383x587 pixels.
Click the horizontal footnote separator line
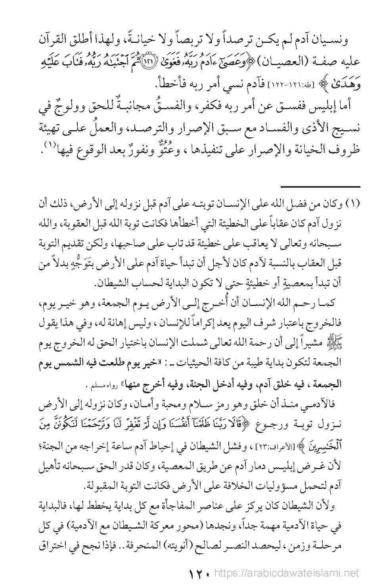[x=320, y=187]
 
